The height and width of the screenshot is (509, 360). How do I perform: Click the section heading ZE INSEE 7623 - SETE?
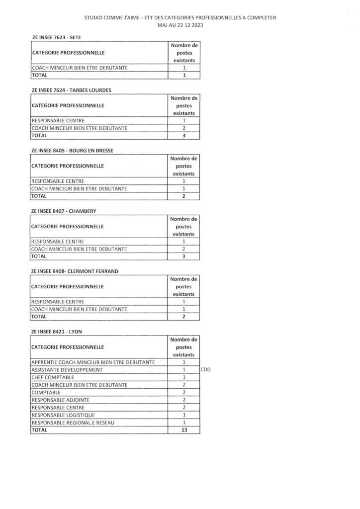[x=56, y=37]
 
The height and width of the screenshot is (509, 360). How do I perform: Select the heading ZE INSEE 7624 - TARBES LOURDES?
[x=71, y=90]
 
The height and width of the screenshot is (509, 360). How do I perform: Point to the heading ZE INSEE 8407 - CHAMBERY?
[x=64, y=211]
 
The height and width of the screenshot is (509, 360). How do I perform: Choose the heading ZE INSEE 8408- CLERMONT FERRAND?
[x=75, y=271]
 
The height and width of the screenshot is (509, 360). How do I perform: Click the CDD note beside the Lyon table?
[x=207, y=370]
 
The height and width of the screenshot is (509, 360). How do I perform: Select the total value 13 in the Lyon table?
[x=184, y=430]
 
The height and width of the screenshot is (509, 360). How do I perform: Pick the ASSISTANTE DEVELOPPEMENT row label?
[x=66, y=370]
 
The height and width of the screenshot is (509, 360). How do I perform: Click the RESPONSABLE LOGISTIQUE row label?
[x=67, y=415]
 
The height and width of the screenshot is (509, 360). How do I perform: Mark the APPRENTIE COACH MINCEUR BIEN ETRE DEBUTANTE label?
[x=93, y=362]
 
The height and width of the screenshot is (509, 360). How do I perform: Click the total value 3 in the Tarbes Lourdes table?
[x=184, y=136]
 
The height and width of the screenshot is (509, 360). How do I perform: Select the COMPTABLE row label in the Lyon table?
[x=46, y=392]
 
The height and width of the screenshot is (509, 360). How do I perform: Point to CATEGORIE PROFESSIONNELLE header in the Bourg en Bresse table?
[x=68, y=166]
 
